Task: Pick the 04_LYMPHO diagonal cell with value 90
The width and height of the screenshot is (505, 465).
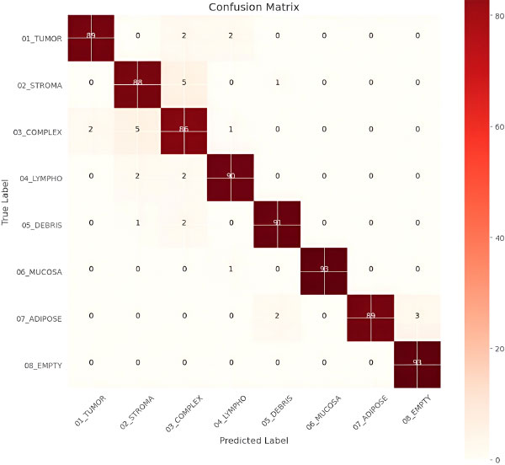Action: [x=231, y=176]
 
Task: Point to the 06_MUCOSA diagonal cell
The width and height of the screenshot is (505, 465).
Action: [x=324, y=269]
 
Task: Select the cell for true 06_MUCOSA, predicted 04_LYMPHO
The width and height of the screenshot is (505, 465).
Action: [x=231, y=269]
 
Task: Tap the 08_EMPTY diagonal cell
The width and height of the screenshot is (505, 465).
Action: [x=418, y=362]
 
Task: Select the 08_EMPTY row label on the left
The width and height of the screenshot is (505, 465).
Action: [x=44, y=364]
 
